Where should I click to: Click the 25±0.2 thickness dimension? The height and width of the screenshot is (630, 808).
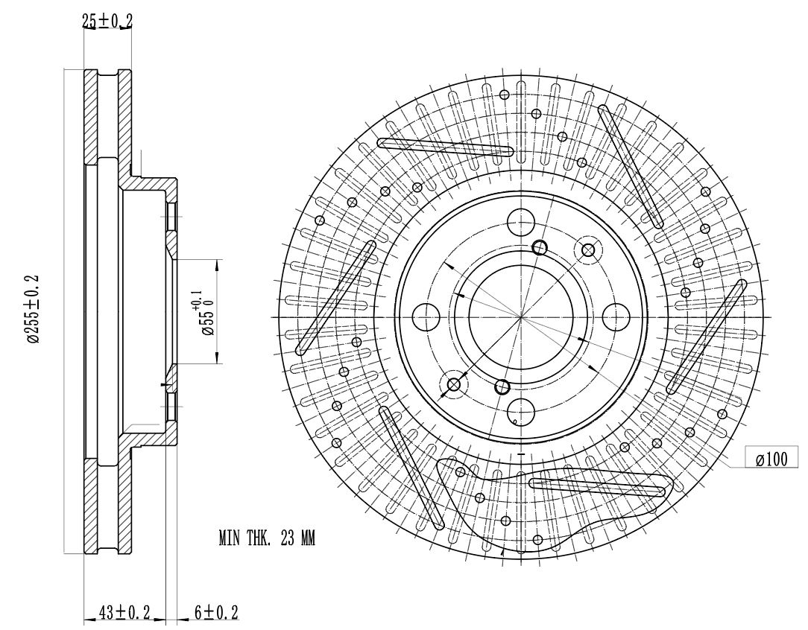[x=107, y=21]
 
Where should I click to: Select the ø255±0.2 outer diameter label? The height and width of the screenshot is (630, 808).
[x=34, y=309]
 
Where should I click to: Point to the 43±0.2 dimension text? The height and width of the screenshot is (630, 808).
[x=124, y=612]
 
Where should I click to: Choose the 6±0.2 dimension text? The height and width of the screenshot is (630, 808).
[x=216, y=612]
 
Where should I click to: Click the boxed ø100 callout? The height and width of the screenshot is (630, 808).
[x=772, y=459]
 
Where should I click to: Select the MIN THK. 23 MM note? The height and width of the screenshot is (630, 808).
[x=266, y=538]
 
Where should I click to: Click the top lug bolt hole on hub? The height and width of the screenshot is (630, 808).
[x=521, y=223]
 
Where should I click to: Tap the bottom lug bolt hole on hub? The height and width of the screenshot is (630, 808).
[x=521, y=411]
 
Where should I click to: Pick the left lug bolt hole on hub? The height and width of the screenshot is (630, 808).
[x=426, y=317]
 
